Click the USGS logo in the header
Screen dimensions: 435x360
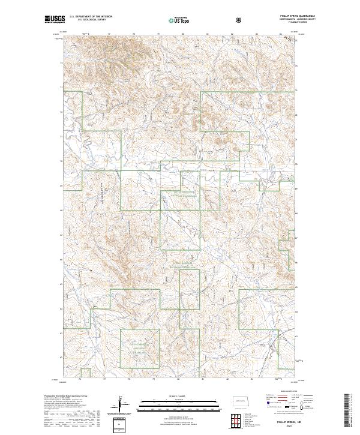tap(55, 20)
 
